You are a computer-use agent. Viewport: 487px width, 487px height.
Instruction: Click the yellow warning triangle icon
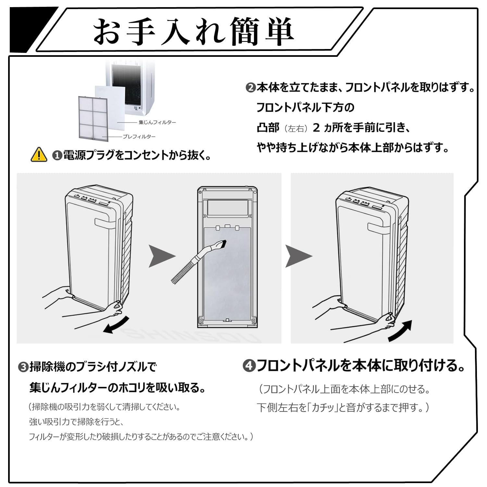click(x=39, y=155)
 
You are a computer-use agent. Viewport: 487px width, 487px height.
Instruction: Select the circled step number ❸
click(x=23, y=368)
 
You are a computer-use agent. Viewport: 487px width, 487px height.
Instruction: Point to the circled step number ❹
click(x=249, y=366)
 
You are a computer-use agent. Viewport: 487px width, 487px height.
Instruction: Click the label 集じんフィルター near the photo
click(x=157, y=122)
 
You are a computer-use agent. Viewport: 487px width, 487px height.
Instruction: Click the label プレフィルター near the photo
click(x=139, y=137)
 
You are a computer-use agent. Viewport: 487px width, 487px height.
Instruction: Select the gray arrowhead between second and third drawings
click(x=297, y=256)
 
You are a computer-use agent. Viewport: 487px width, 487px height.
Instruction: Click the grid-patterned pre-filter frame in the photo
click(x=93, y=118)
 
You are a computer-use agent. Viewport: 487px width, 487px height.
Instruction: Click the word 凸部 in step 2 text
click(x=268, y=128)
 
